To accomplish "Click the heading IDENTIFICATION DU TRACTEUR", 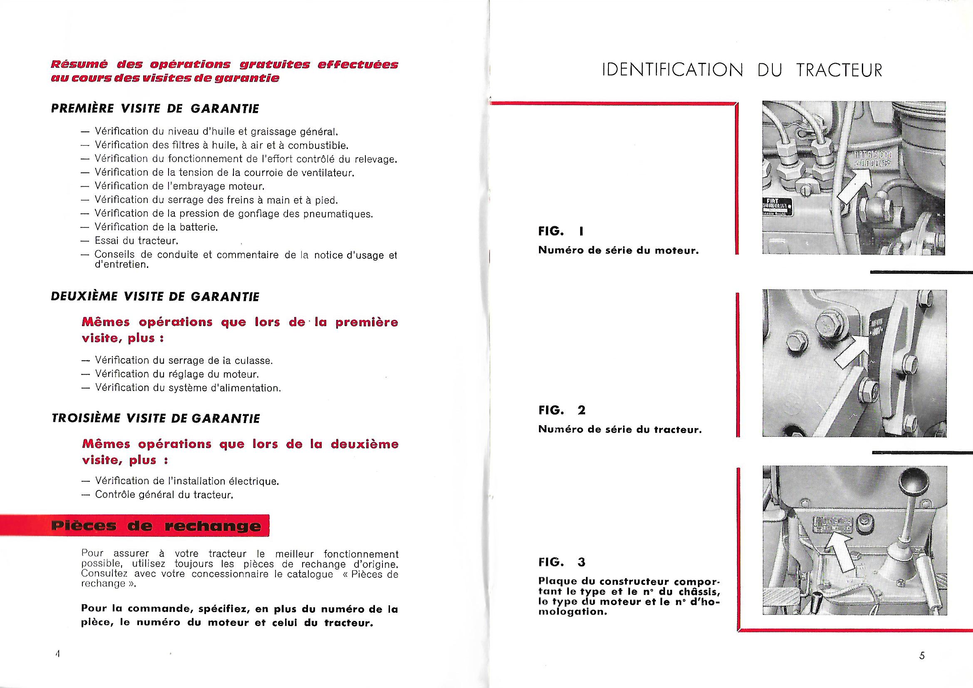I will point(742,70).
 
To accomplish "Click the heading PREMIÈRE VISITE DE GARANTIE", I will point(155,109).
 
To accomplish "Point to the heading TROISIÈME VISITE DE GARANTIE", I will point(155,418).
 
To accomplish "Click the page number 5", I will point(922,656).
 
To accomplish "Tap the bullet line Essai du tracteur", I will point(136,240).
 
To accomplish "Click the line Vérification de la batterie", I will point(156,227).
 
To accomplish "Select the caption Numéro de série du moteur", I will point(618,250).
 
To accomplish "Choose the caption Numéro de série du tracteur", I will point(620,430).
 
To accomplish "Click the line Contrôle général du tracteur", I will point(164,495).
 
